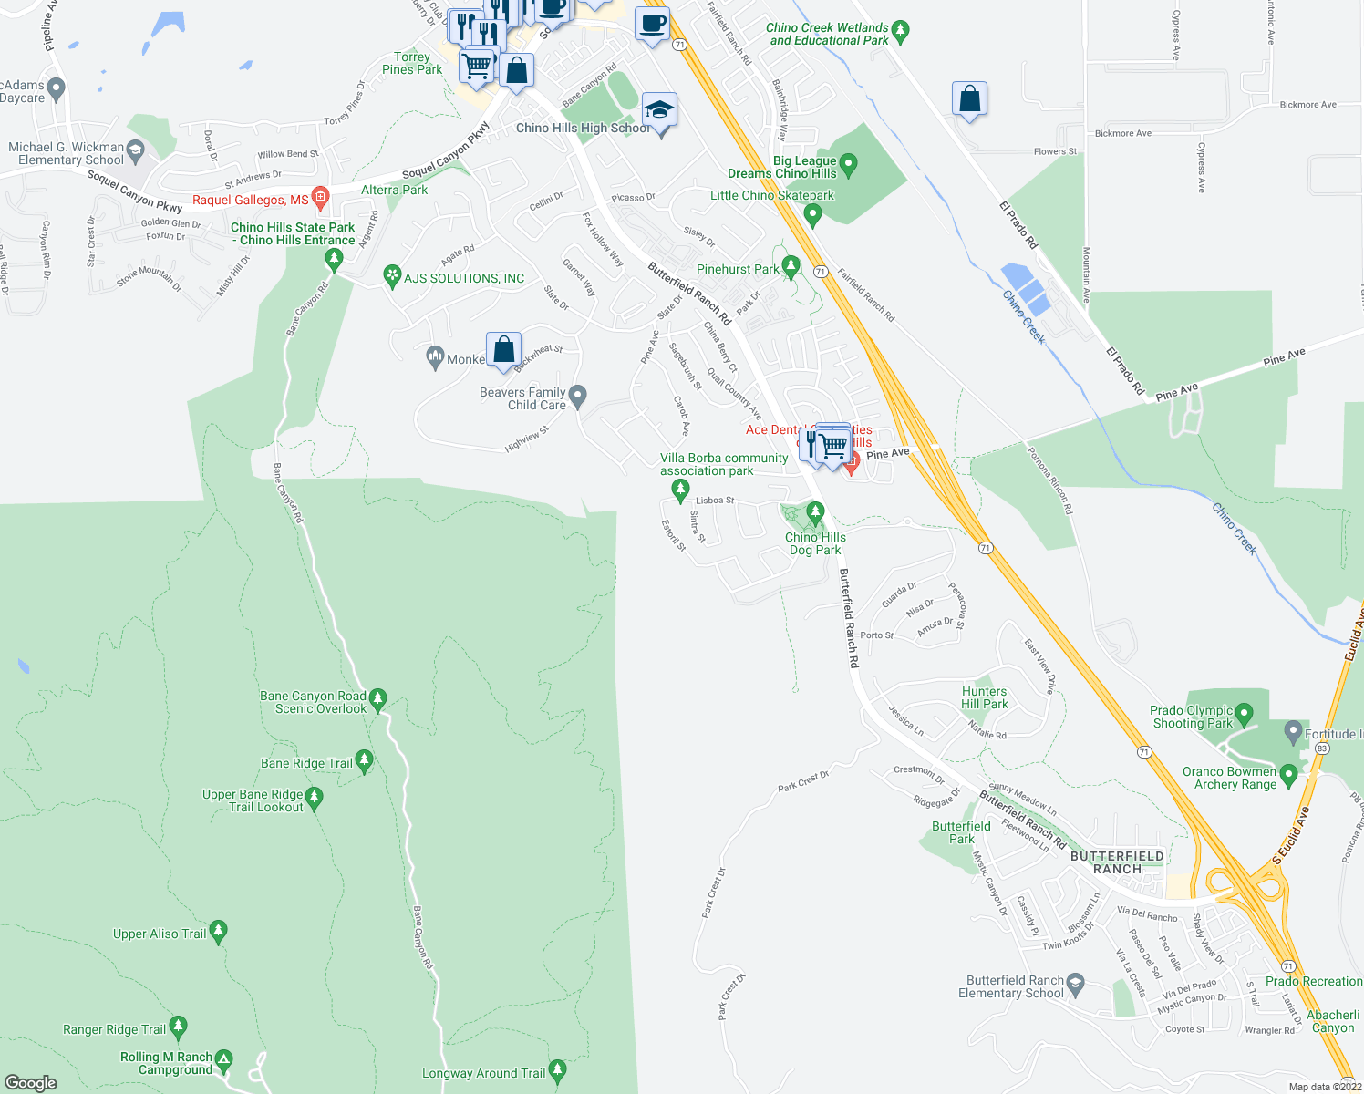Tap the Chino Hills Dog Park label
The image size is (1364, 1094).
(x=815, y=543)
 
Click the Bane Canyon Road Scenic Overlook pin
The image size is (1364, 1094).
(x=378, y=700)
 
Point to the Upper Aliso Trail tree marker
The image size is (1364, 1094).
(x=218, y=932)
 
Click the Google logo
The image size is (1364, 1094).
(x=31, y=1082)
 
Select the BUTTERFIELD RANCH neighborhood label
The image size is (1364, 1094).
(x=1117, y=862)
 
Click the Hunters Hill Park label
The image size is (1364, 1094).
(x=985, y=697)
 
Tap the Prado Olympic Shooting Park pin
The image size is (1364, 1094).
(x=1245, y=715)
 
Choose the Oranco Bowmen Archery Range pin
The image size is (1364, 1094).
(x=1288, y=776)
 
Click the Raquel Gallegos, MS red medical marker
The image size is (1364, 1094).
(x=320, y=197)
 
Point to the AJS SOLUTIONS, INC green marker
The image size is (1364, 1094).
(x=392, y=275)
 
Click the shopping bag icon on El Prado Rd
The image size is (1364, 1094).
(x=969, y=99)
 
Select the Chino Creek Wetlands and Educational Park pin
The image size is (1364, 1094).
(x=901, y=33)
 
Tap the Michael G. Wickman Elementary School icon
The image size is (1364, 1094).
(x=136, y=150)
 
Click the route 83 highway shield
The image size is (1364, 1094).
(x=1323, y=748)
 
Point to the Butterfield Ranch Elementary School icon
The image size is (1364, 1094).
(x=1076, y=983)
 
